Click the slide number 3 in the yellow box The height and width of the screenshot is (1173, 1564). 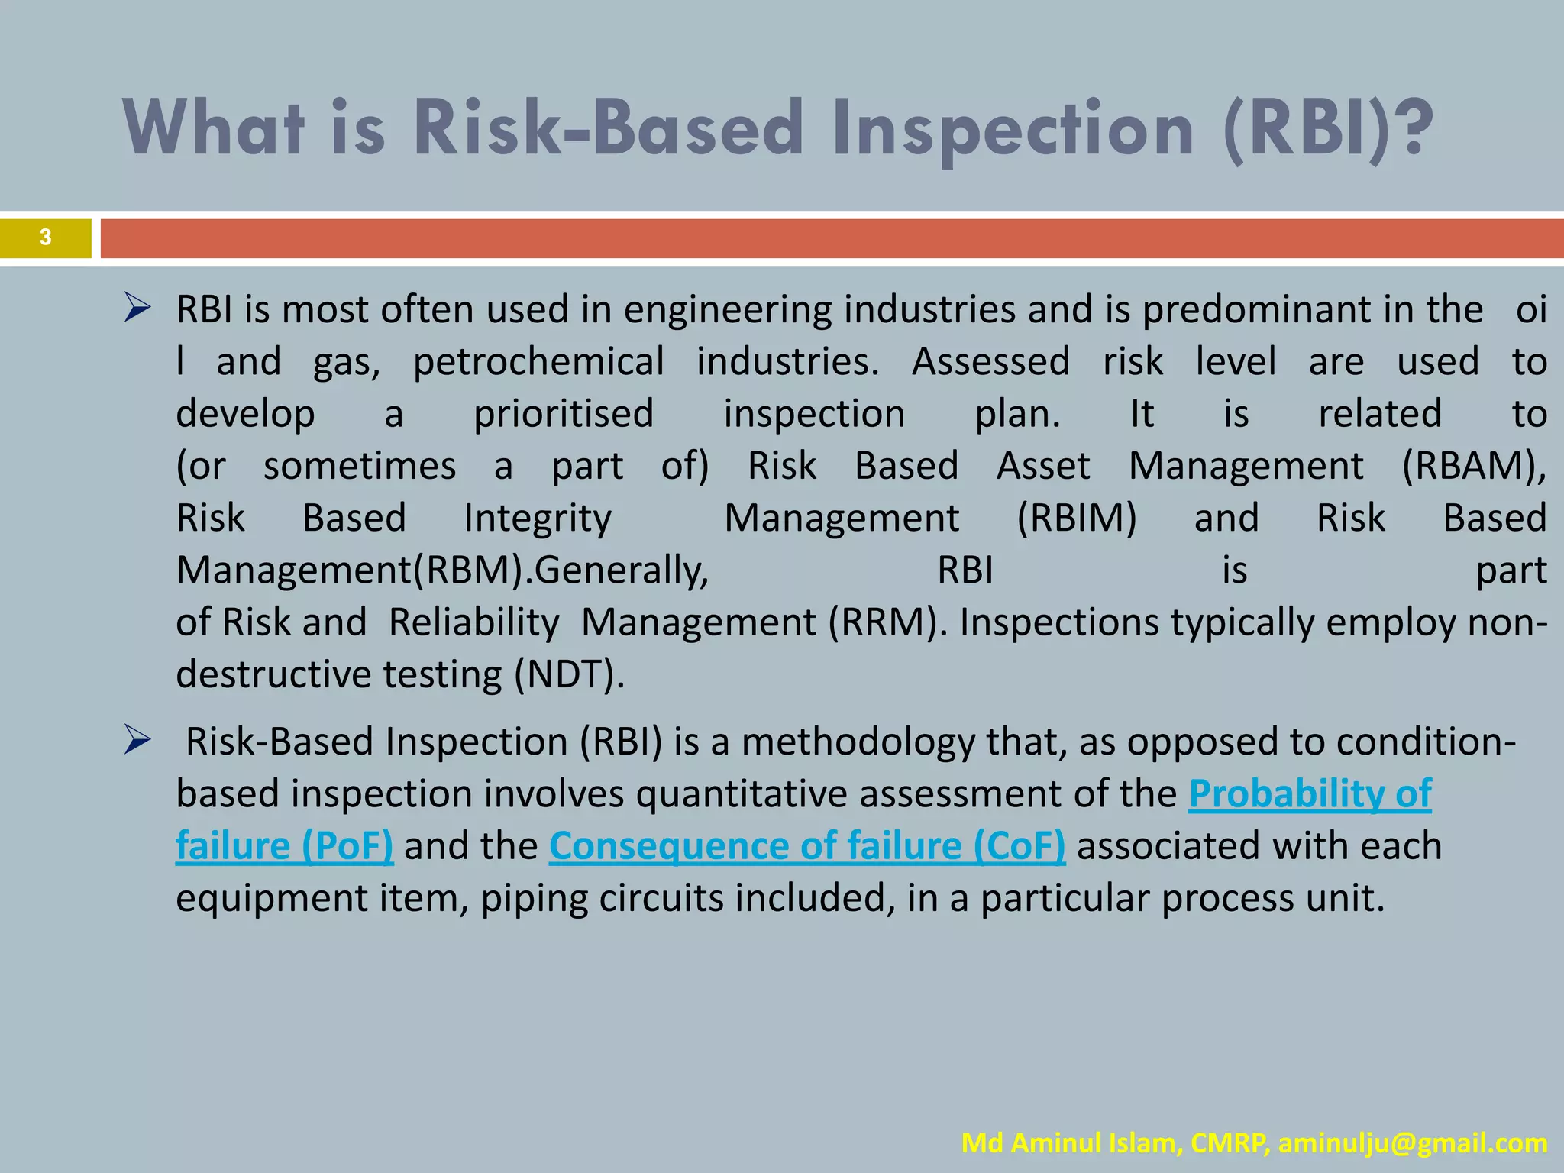[45, 238]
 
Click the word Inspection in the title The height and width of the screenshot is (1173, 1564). [1013, 128]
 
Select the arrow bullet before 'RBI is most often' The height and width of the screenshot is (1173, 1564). [137, 309]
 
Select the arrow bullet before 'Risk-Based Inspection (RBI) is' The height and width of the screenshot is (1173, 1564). [137, 742]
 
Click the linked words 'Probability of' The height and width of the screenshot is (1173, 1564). [1310, 794]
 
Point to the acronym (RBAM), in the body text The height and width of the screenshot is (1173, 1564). [1474, 466]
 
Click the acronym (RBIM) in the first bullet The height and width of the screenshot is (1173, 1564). [1077, 519]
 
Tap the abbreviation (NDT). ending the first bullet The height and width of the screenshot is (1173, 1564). [569, 675]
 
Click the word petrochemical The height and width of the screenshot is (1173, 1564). [538, 362]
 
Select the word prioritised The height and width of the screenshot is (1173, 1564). [564, 414]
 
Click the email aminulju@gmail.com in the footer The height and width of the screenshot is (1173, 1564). [1413, 1143]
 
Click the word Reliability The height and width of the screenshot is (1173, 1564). [473, 622]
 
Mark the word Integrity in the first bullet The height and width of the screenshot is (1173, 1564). [538, 519]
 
